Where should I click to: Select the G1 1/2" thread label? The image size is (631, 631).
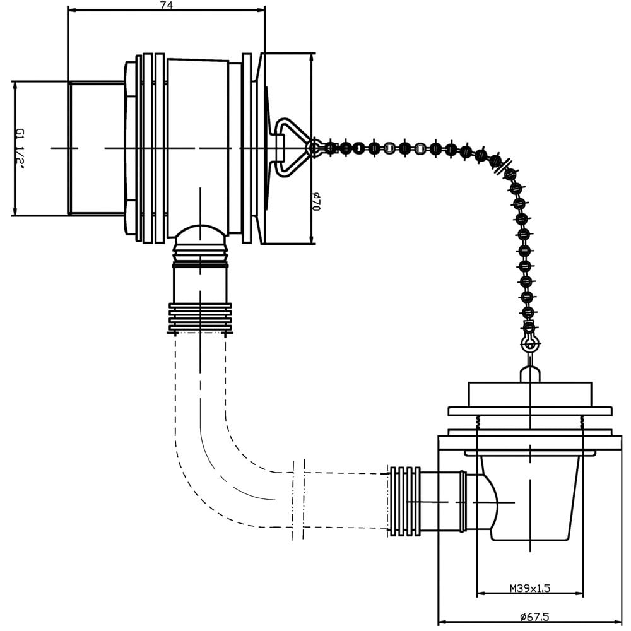[x=20, y=149]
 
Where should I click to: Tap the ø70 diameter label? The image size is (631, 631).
[x=316, y=201]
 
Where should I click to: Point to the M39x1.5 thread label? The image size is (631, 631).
[x=529, y=588]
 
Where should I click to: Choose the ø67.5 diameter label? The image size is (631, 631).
[x=534, y=616]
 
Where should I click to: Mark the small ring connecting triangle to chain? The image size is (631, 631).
[x=314, y=148]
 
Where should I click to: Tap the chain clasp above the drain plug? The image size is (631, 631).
[x=529, y=340]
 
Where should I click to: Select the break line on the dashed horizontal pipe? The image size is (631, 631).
[x=298, y=499]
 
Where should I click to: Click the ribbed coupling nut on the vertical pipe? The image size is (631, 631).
[x=200, y=318]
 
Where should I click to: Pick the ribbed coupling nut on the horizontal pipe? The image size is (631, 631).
[x=404, y=502]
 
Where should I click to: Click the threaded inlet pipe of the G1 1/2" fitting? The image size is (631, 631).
[x=96, y=148]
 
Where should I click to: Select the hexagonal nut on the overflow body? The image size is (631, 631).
[x=131, y=148]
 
